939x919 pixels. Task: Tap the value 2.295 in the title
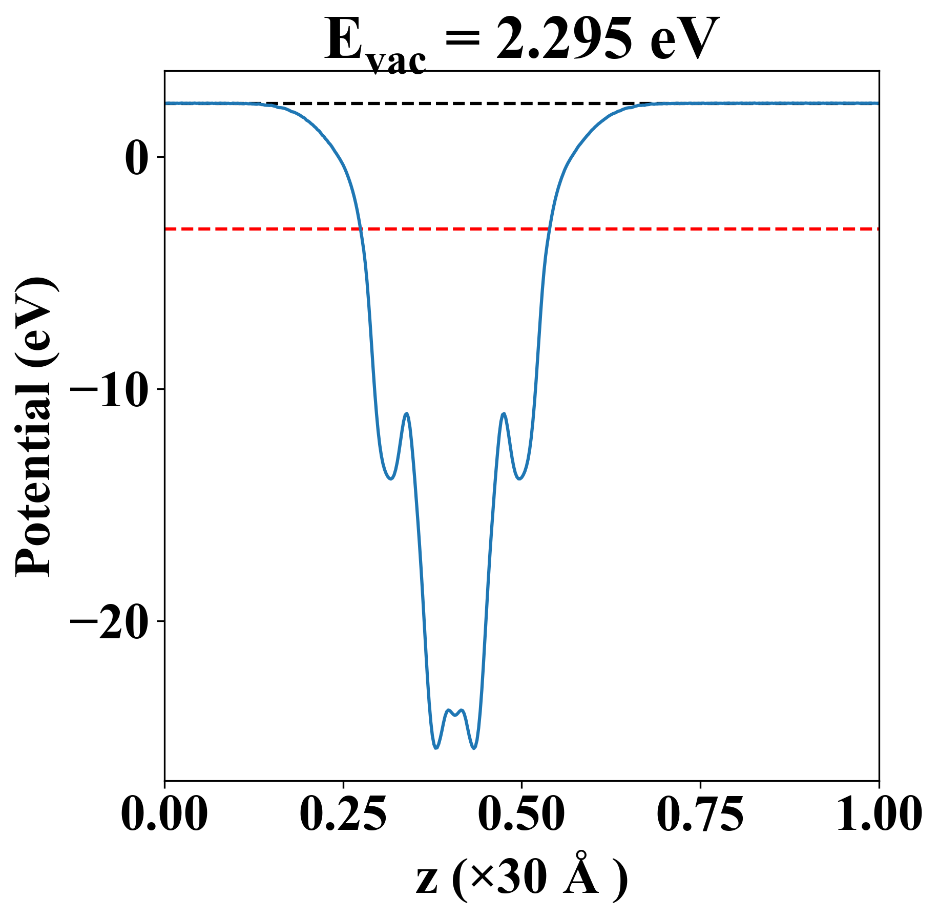[563, 40]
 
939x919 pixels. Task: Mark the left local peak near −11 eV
[407, 413]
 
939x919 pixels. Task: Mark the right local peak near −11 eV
[504, 413]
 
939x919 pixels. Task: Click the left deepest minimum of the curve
[436, 748]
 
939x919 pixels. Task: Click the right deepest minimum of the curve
[474, 748]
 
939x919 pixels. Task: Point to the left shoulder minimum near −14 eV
[391, 478]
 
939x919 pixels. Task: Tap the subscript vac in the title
[397, 62]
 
